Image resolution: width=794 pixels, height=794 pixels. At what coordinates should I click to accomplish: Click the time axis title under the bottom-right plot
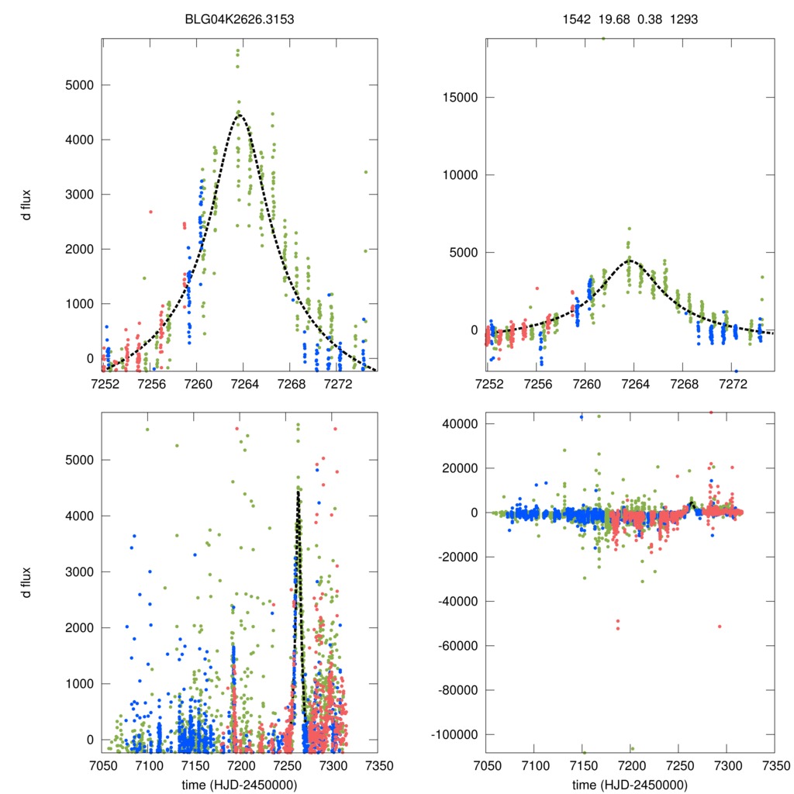630,785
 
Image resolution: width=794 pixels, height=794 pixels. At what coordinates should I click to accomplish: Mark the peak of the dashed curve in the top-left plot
240,115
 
